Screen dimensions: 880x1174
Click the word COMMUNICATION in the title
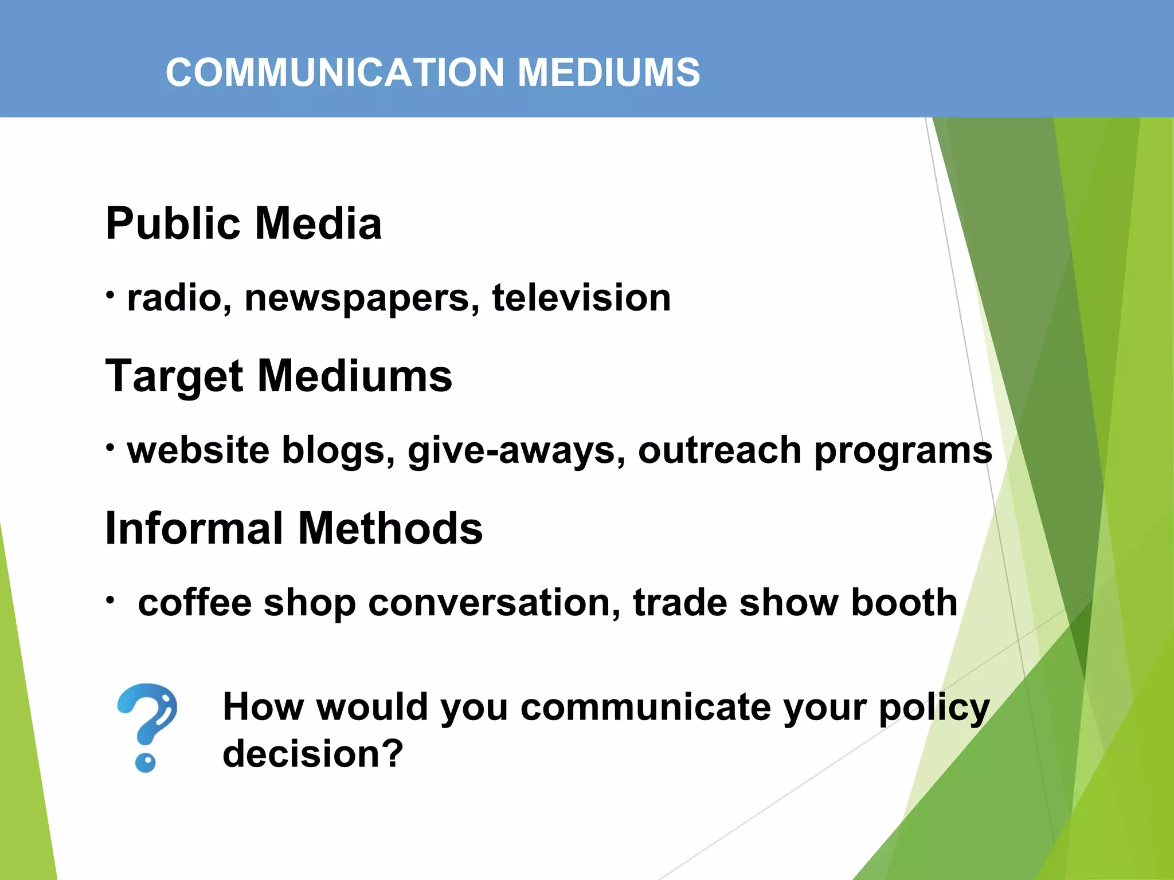pyautogui.click(x=335, y=73)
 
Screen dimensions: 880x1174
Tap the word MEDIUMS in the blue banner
pyautogui.click(x=608, y=73)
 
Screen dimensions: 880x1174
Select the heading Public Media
pyautogui.click(x=244, y=223)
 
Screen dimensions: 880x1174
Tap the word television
pyautogui.click(x=581, y=298)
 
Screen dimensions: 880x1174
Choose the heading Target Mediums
pyautogui.click(x=279, y=376)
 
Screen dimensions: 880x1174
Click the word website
pyautogui.click(x=198, y=450)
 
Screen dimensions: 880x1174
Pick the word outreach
pyautogui.click(x=719, y=450)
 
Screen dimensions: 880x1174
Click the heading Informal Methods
pyautogui.click(x=294, y=528)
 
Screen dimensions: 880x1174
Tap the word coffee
pyautogui.click(x=194, y=603)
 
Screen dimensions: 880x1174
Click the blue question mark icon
pyautogui.click(x=147, y=727)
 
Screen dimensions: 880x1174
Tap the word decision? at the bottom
pyautogui.click(x=313, y=754)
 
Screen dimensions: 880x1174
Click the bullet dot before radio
pyautogui.click(x=111, y=294)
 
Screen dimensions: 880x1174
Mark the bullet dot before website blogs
pyautogui.click(x=111, y=447)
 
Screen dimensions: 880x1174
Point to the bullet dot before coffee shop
pyautogui.click(x=111, y=599)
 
